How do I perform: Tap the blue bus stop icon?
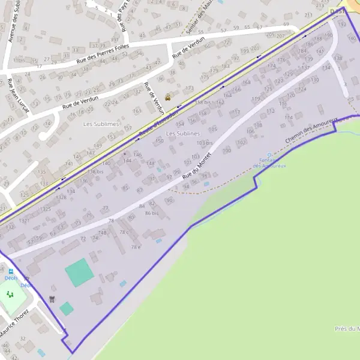26,279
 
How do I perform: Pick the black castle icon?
52,298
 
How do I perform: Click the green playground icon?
9,295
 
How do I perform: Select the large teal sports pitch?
79,272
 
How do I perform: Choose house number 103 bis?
205,143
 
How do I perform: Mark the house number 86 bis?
151,213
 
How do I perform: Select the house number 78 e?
136,247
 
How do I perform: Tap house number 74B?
103,232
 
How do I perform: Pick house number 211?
309,14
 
